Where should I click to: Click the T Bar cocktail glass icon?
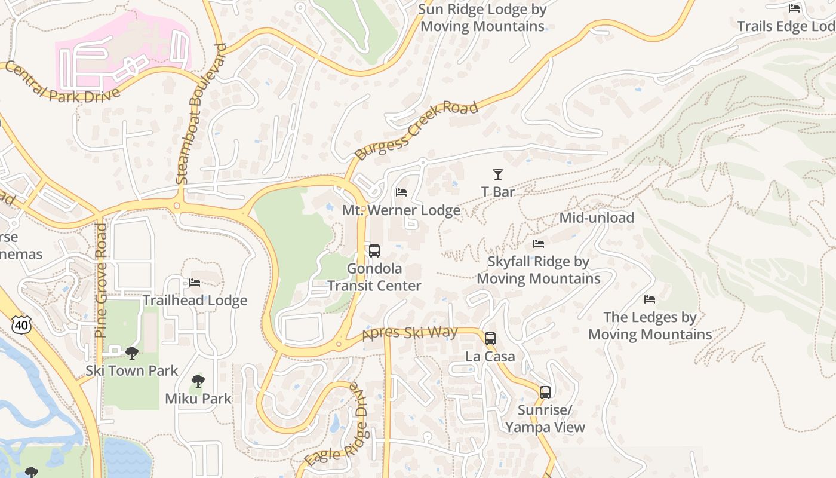point(497,174)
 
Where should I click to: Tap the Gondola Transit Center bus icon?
point(374,251)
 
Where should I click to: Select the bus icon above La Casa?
point(490,339)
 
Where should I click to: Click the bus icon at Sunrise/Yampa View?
point(545,393)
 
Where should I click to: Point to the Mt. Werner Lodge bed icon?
point(401,192)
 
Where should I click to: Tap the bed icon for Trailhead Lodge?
point(195,283)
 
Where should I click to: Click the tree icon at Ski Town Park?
point(132,353)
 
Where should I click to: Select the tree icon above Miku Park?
point(198,381)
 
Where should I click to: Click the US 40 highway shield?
point(21,325)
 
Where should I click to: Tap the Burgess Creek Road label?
point(416,130)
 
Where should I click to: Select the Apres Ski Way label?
point(410,333)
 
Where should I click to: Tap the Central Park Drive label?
point(63,82)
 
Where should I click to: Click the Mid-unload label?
point(596,218)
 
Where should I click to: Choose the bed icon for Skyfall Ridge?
point(538,244)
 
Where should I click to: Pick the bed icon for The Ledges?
point(650,299)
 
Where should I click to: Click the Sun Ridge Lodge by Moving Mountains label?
point(482,18)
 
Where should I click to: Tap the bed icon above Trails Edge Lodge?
point(794,8)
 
